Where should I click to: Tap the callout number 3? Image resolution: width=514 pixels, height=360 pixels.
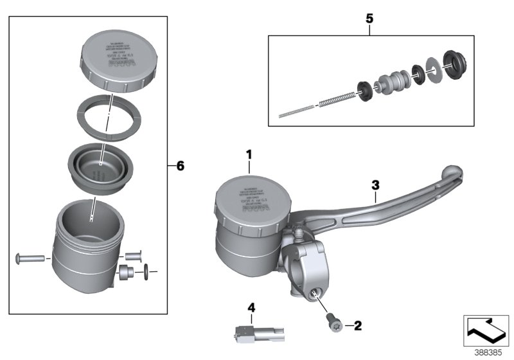[375, 185]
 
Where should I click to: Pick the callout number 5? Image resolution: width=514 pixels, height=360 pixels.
[369, 18]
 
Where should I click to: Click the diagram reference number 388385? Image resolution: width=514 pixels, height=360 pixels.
[489, 352]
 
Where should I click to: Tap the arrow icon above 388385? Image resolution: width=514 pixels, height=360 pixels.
[487, 330]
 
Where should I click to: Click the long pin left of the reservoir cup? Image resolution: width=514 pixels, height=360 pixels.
[31, 258]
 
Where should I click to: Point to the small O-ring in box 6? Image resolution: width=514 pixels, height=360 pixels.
[148, 273]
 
